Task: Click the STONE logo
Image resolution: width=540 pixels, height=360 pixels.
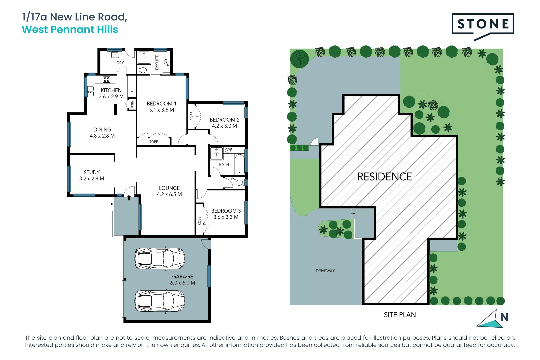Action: click(483, 24)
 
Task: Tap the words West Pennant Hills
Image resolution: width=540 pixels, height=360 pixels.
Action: click(70, 30)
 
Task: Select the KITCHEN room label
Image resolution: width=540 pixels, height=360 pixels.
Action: click(111, 90)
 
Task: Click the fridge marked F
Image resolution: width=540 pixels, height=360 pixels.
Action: click(132, 91)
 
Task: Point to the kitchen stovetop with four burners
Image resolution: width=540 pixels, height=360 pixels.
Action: click(107, 79)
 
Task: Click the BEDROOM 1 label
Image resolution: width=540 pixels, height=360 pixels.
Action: click(161, 104)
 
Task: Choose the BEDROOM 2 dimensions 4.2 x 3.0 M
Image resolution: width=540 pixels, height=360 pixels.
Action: click(224, 126)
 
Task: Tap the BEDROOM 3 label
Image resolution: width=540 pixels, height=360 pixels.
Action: click(226, 211)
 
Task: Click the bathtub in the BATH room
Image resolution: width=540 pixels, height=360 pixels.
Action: click(239, 164)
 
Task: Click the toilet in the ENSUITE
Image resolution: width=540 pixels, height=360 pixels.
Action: click(143, 70)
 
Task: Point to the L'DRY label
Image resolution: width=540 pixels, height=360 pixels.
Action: click(118, 63)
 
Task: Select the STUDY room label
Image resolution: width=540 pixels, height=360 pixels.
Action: click(92, 172)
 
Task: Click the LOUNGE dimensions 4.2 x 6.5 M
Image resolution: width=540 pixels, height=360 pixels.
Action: click(169, 194)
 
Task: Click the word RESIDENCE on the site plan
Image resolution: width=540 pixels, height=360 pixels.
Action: click(384, 177)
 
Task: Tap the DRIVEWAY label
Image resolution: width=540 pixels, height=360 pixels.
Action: click(325, 271)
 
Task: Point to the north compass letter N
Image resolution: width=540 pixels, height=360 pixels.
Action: click(504, 317)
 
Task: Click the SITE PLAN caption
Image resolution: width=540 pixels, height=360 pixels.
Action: click(400, 315)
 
